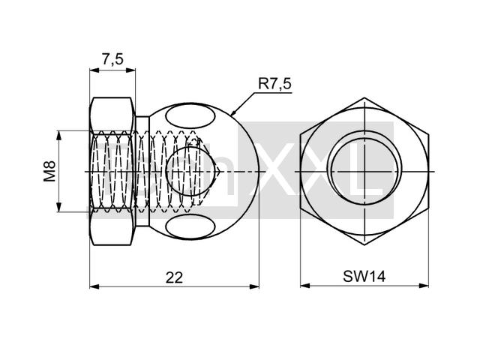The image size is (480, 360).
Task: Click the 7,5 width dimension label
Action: point(112,59)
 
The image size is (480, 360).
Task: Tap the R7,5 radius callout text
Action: point(275,83)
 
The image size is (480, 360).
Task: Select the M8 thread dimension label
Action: point(49,171)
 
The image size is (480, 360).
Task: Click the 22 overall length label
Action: point(174,277)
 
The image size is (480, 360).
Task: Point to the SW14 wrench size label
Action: point(364,277)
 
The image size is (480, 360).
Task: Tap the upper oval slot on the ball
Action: point(190,117)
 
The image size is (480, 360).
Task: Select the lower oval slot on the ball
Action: point(190,227)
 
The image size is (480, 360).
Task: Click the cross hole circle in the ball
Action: point(190,171)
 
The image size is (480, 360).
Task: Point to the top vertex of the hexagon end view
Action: point(364,98)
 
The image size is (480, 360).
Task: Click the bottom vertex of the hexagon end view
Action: point(364,245)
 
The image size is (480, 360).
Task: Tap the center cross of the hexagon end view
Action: point(364,172)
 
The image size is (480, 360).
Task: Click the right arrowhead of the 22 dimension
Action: point(255,286)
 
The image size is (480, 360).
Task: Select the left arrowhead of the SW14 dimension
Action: point(305,286)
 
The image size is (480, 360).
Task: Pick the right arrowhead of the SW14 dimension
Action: point(424,286)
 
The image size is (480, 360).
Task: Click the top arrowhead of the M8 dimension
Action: point(59,135)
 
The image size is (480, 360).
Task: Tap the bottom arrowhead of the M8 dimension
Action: point(59,207)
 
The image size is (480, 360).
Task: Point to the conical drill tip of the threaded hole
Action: point(217,172)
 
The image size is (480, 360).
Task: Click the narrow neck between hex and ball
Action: point(142,172)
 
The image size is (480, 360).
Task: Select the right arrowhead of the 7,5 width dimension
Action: point(130,70)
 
